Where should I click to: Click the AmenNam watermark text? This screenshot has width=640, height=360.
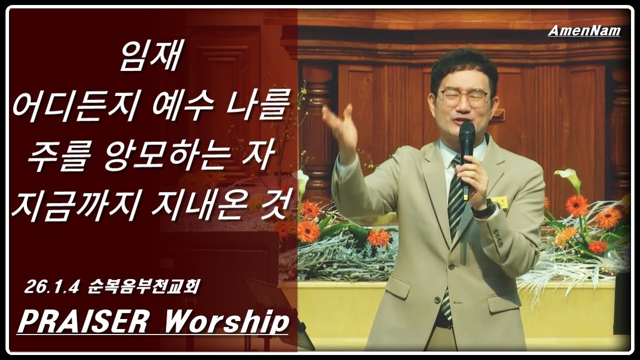pos(584,31)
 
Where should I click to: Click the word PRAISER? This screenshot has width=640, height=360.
pos(85,321)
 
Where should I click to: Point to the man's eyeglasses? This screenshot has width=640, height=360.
pos(463,97)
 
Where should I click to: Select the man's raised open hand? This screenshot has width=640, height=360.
pos(340,125)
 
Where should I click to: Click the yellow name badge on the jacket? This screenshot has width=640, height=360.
pos(500,202)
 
